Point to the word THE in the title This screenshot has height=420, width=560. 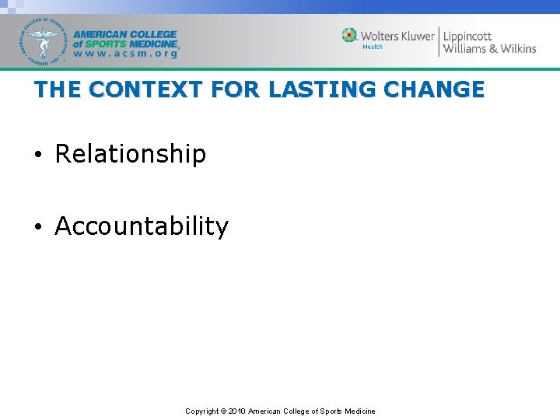pos(58,89)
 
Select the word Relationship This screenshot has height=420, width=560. pos(131,154)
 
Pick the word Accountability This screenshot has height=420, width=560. pos(142,226)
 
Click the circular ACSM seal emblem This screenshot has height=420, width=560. pos(44,41)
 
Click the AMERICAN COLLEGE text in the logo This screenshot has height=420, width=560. pos(125,34)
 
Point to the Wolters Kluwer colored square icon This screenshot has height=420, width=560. pos(349,35)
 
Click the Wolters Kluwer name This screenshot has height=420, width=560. pos(398,36)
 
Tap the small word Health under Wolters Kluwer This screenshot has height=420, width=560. pos(373,47)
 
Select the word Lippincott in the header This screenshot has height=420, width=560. pos(467,36)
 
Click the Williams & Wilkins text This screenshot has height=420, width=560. pos(489,48)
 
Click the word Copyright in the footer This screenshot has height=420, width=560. pos(201,411)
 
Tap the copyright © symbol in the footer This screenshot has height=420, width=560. pos(223,411)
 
